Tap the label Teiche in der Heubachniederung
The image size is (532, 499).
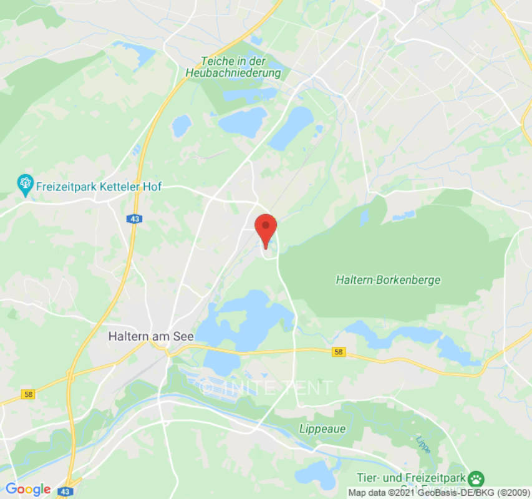[233, 67]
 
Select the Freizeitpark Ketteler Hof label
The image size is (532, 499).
[99, 186]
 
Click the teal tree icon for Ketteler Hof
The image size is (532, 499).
[25, 183]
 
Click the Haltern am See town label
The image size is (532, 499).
[151, 336]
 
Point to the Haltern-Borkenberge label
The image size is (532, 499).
[388, 280]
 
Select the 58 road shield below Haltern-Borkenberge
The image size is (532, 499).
[337, 352]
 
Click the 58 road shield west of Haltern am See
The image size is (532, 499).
[27, 394]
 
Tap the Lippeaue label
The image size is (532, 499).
[322, 429]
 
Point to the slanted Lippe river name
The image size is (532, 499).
[422, 442]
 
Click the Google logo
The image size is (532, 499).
[27, 490]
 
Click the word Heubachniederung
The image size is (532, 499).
[233, 73]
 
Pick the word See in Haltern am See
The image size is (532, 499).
[183, 336]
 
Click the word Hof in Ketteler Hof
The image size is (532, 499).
[152, 186]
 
